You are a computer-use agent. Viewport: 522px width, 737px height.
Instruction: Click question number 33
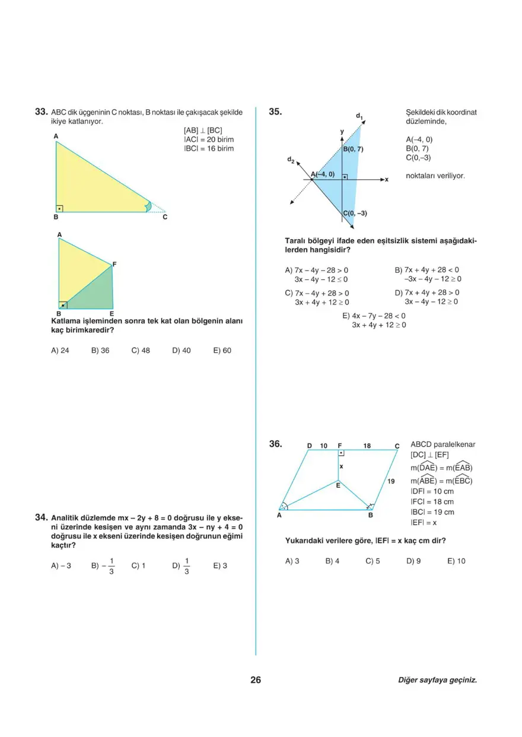41,112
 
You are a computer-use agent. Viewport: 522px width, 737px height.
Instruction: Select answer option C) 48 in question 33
141,351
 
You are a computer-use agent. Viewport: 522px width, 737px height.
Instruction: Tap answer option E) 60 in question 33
222,351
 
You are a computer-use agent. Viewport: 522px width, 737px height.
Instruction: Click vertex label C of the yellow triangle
165,218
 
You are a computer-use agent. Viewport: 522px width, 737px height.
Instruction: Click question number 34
41,517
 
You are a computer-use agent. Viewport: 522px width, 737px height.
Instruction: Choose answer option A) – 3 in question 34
61,566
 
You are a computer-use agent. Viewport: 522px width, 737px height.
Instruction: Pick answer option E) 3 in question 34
219,566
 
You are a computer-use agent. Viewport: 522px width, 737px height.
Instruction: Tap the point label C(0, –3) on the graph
355,214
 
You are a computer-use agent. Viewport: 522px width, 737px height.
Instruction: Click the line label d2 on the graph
290,160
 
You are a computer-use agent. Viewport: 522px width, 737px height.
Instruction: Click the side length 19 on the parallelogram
391,481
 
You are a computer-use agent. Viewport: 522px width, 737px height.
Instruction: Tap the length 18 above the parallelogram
367,445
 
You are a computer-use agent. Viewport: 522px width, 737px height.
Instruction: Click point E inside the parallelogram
338,485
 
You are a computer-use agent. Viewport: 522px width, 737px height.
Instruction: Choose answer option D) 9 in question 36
413,561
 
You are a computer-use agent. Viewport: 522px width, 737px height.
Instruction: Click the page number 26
256,680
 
